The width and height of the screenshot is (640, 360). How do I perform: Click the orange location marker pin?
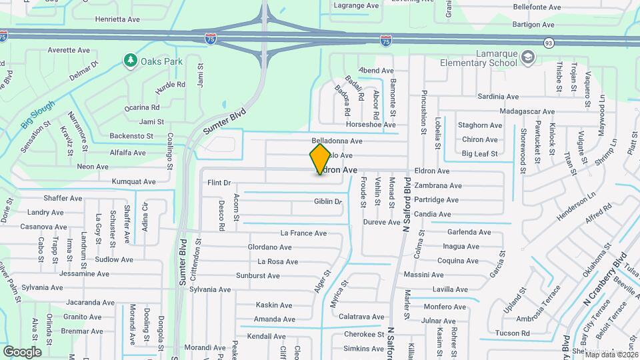pyautogui.click(x=321, y=159)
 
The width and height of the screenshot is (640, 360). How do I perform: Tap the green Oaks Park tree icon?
pyautogui.click(x=131, y=61)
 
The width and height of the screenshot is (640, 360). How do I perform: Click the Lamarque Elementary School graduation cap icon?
pyautogui.click(x=529, y=57)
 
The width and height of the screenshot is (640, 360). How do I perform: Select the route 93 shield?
pyautogui.click(x=548, y=43)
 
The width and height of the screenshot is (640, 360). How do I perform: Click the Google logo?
pyautogui.click(x=22, y=351)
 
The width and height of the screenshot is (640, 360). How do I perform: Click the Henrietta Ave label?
pyautogui.click(x=118, y=19)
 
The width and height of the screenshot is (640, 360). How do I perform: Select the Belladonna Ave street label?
pyautogui.click(x=337, y=141)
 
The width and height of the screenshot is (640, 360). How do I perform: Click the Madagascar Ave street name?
pyautogui.click(x=527, y=111)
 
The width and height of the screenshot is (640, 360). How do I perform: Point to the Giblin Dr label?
pyautogui.click(x=328, y=201)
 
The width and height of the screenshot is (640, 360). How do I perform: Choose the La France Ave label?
pyautogui.click(x=303, y=233)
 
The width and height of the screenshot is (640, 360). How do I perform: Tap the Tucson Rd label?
pyautogui.click(x=513, y=333)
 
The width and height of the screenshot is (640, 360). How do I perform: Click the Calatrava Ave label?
pyautogui.click(x=361, y=317)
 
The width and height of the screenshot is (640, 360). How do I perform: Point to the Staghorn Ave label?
pyautogui.click(x=480, y=125)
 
